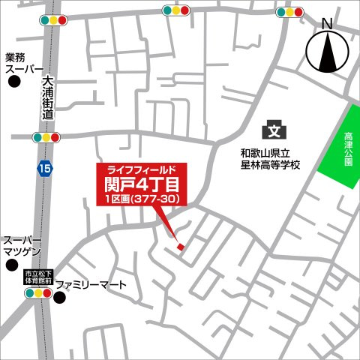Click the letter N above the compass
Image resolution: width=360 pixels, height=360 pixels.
pos(327,23)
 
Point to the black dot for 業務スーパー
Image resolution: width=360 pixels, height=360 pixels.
pos(13,83)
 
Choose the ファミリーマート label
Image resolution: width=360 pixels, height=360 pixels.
pos(101,285)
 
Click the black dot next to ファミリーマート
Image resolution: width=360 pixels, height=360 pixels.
pos(60,298)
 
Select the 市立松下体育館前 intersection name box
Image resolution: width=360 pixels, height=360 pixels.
pos(37,277)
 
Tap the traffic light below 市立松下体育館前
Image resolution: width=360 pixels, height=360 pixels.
pos(37,293)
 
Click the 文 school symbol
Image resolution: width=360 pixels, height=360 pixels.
pos(275,131)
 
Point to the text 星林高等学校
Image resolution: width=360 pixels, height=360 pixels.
pos(265,163)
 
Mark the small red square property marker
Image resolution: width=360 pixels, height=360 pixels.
pos(179,247)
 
